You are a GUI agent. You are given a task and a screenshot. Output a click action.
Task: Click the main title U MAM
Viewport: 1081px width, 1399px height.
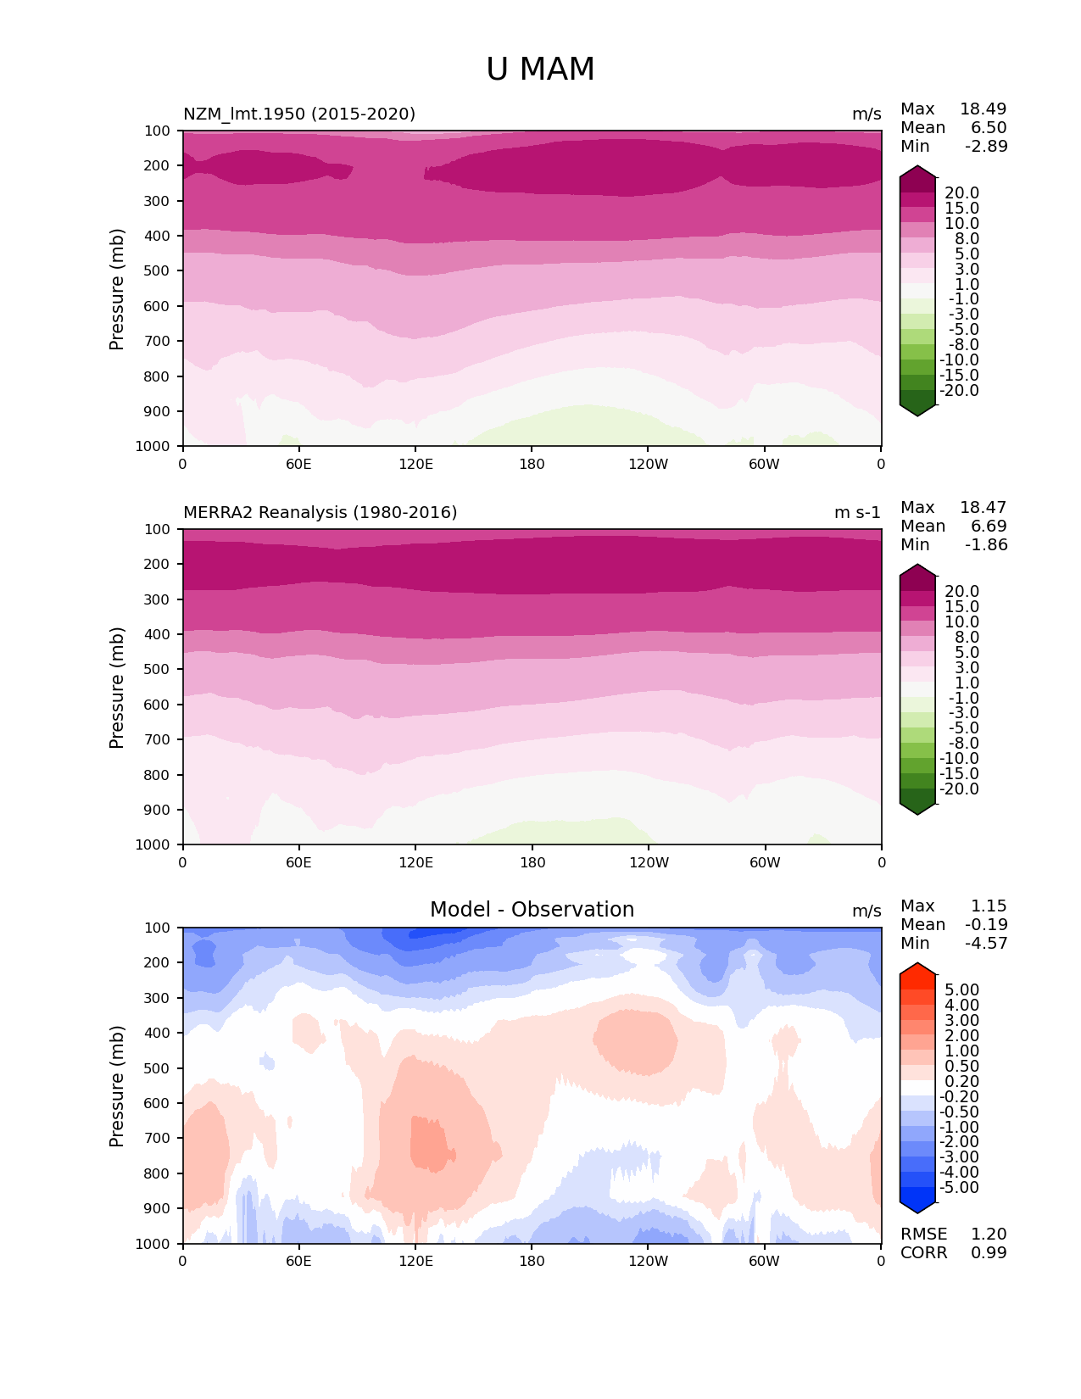[540, 70]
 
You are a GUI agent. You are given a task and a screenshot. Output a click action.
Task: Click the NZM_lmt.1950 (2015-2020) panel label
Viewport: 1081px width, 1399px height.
[299, 114]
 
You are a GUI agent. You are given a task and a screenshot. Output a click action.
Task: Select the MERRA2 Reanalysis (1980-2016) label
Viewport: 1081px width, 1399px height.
[320, 513]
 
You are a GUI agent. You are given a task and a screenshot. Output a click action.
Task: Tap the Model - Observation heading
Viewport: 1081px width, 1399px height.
[532, 910]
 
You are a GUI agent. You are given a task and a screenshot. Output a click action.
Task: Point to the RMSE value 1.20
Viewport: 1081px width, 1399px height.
[989, 1235]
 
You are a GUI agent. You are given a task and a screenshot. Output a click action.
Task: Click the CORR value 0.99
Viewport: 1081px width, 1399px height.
[989, 1253]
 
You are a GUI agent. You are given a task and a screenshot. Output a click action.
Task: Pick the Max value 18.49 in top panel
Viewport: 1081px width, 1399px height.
[983, 109]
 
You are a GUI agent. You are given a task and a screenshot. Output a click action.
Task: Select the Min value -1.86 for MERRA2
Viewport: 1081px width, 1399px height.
[986, 545]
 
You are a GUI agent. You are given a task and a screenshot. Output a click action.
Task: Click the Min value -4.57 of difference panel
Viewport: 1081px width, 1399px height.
[986, 944]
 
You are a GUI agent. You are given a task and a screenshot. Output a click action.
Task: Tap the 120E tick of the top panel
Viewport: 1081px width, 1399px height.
[415, 465]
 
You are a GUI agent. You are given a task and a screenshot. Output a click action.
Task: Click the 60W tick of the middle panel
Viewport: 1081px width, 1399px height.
[765, 863]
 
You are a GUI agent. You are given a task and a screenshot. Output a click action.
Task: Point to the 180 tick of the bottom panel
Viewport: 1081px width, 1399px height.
[532, 1262]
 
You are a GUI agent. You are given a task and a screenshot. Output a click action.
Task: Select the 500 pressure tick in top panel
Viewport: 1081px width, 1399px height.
[158, 271]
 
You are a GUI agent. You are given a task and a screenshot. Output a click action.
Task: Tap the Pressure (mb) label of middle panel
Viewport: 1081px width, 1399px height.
[117, 687]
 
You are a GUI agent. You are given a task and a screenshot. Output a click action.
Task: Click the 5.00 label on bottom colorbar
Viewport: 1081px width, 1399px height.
[961, 990]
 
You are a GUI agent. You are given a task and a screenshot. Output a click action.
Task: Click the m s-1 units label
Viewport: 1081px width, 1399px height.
[857, 513]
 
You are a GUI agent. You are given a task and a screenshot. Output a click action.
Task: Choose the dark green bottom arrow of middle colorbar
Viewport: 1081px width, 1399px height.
[917, 808]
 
